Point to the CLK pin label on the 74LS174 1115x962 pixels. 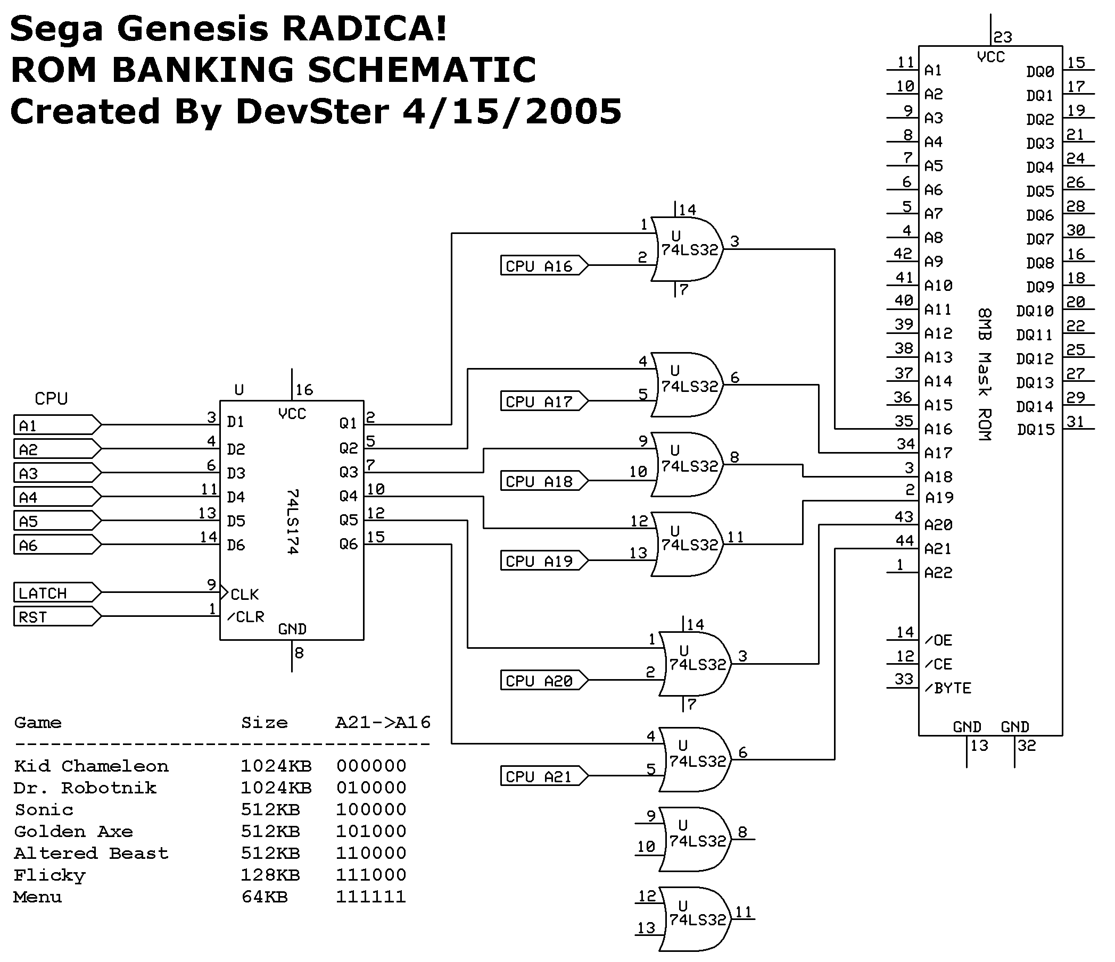point(244,594)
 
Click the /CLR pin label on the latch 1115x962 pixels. point(246,617)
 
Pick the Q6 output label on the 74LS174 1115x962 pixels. point(348,545)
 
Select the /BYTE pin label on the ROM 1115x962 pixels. point(948,688)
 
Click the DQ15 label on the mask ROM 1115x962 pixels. point(1035,430)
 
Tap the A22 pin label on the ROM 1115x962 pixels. point(938,573)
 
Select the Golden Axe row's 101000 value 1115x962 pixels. point(371,831)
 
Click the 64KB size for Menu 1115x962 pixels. point(264,897)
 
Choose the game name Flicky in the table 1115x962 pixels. point(49,875)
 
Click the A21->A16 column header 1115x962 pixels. point(383,722)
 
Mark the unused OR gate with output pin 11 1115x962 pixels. point(694,919)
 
